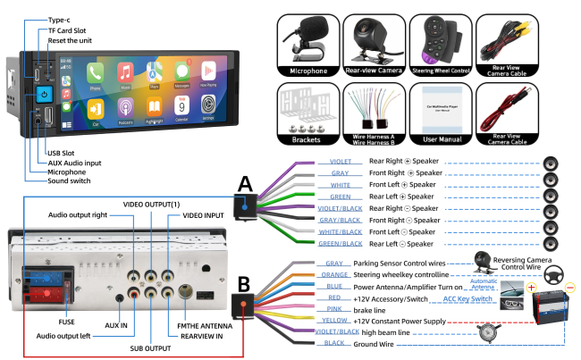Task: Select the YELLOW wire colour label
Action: click(335, 319)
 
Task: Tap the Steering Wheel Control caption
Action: click(441, 71)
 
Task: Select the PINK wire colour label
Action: click(335, 308)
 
